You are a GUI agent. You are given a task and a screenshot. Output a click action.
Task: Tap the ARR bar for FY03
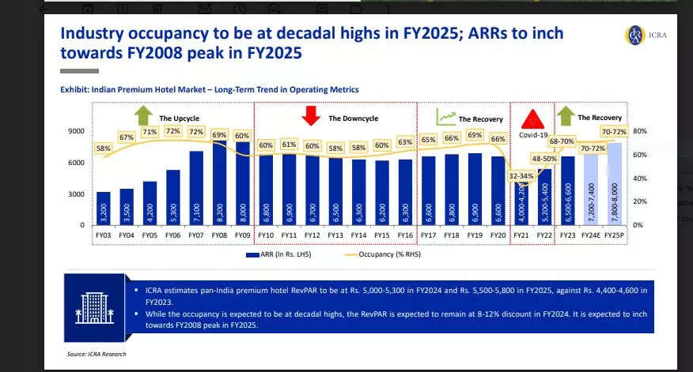point(104,209)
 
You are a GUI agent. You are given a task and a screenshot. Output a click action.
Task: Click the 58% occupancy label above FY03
point(103,148)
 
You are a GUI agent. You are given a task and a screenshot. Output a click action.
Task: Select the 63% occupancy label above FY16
point(406,142)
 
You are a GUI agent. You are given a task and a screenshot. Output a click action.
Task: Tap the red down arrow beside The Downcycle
point(311,117)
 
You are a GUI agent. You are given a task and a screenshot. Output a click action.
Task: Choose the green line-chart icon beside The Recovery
point(446,117)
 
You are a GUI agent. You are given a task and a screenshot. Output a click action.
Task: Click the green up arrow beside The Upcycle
point(143,116)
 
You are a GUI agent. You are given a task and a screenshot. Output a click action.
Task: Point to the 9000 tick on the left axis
point(76,131)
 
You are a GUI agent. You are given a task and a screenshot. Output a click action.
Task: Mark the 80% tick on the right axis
point(640,131)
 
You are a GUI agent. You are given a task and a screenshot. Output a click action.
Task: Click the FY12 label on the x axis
point(312,235)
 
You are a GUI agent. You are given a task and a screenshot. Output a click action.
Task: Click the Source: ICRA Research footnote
point(96,354)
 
